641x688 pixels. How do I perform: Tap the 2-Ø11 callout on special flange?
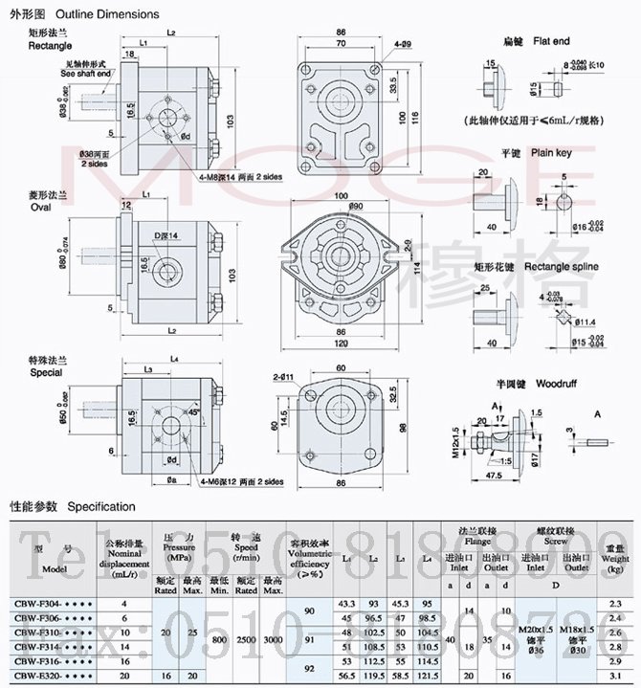click(x=282, y=377)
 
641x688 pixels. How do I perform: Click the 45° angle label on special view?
click(x=195, y=411)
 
